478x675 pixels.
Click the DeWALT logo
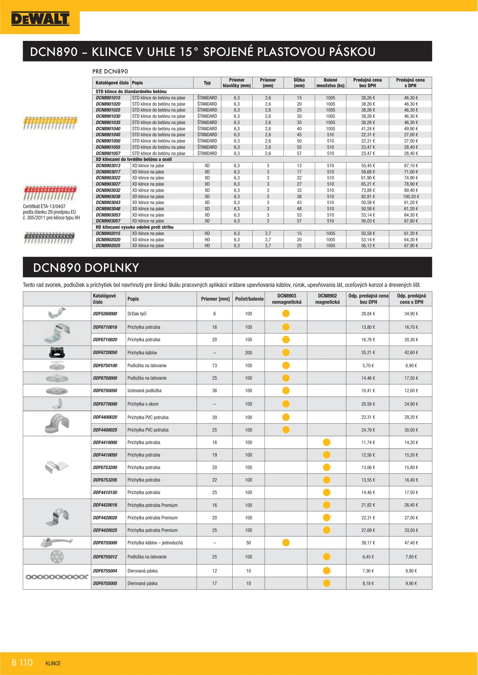pos(40,19)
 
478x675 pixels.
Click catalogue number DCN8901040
pos(108,129)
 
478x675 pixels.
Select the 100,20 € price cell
pos(411,197)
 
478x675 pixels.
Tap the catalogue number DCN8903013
pos(108,166)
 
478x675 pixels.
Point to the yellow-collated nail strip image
pos(50,123)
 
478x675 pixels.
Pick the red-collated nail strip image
pos(50,192)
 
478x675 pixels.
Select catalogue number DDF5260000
pos(105,314)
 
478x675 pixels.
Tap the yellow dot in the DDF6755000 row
pos(286,543)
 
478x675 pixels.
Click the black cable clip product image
pos(57,352)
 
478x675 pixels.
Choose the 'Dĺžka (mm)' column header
pos(299,83)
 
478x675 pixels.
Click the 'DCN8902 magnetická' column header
pos(327,299)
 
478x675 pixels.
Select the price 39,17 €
pos(368,543)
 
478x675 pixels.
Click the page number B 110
pos(22,662)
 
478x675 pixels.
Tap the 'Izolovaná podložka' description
pos(144,391)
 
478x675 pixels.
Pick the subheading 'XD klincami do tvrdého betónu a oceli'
pos(134,159)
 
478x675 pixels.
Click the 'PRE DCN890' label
pos(110,71)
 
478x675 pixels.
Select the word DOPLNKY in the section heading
pos(112,268)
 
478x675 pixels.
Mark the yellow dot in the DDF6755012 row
pos(327,557)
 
